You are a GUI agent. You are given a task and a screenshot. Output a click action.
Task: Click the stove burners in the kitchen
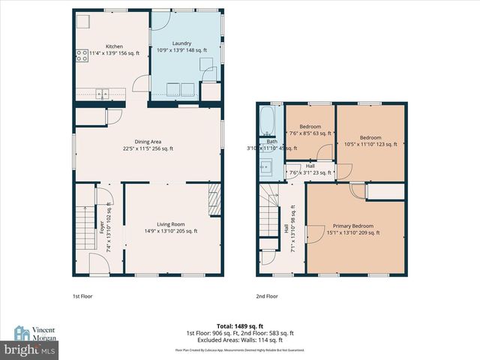[x=80, y=54]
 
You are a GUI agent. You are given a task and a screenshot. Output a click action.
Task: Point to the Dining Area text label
[x=148, y=141]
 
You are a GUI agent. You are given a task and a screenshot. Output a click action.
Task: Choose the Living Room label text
[x=171, y=223]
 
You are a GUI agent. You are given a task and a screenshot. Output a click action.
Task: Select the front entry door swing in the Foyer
[x=98, y=264]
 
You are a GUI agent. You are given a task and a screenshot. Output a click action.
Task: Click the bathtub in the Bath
[x=268, y=120]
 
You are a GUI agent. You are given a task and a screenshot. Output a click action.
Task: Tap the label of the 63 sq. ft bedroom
[x=310, y=127]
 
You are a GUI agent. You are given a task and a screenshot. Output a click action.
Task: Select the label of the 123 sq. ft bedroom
[x=370, y=137]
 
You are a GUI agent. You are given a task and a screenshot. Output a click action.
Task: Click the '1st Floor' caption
[x=82, y=296]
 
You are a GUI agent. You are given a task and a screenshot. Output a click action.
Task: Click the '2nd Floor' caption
[x=267, y=296]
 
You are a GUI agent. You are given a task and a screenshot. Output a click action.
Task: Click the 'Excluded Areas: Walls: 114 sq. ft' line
[x=240, y=339]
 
